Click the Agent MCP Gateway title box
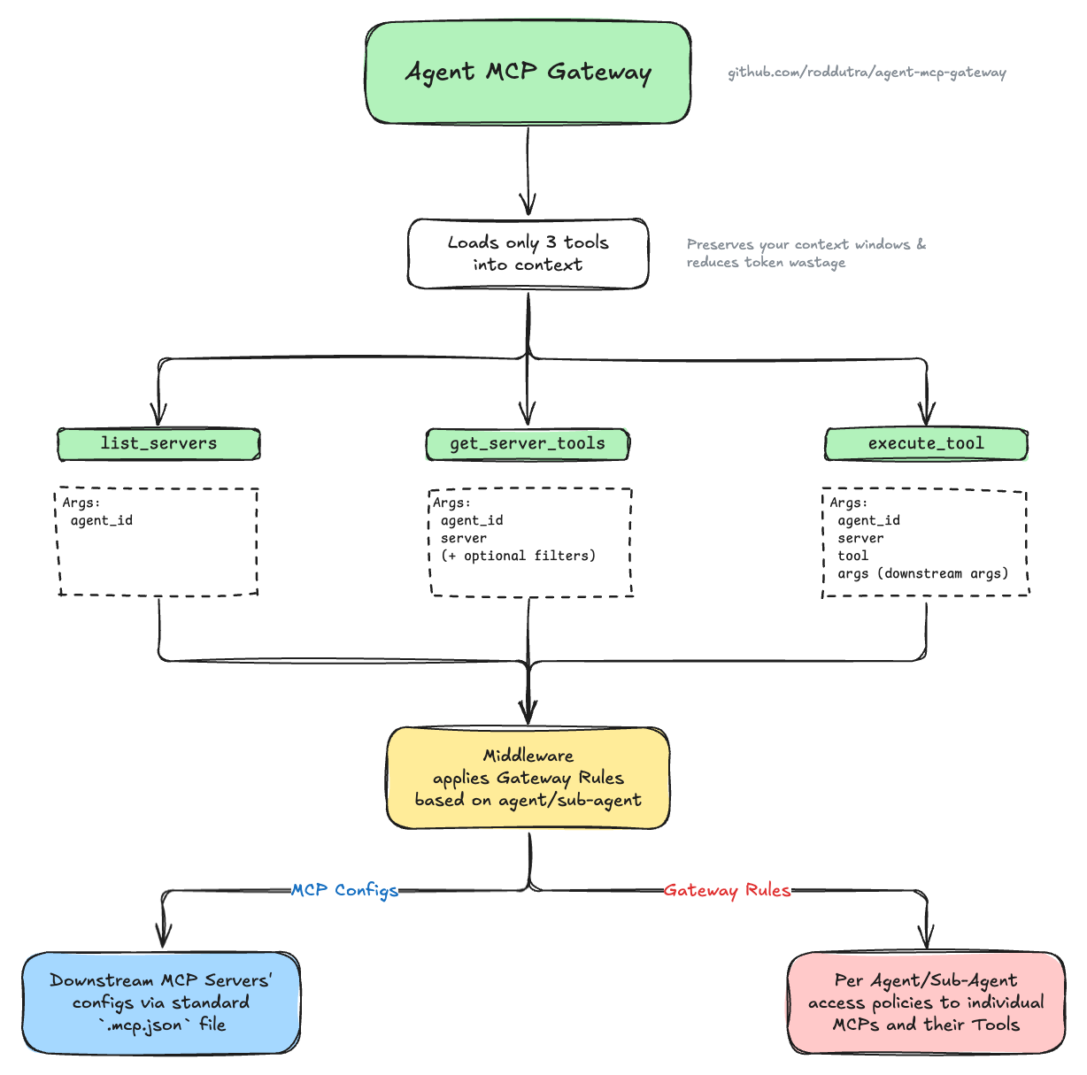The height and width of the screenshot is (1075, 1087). point(528,73)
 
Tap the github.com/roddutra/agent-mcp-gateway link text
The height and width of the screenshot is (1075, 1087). point(867,73)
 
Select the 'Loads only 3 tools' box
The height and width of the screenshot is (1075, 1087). point(528,254)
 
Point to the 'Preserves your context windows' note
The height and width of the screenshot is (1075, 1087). point(806,253)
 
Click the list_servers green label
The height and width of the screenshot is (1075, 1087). point(158,444)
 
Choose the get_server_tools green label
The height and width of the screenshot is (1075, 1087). point(528,444)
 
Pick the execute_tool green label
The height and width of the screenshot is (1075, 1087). point(926,444)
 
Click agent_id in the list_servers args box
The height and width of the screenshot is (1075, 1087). point(102,520)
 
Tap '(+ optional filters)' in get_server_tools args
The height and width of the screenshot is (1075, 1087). point(518,556)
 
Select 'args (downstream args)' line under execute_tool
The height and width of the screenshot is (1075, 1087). point(922,573)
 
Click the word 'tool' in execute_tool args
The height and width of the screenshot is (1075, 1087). point(852,556)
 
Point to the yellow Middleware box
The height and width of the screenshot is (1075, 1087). point(528,778)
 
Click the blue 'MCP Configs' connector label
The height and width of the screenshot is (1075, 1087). point(344,890)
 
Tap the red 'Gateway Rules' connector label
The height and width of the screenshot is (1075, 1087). point(727,890)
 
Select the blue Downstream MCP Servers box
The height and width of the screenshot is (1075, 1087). point(161,1002)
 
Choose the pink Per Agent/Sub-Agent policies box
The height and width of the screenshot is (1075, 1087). point(926,1002)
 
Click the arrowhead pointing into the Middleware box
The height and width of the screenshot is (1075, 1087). point(528,713)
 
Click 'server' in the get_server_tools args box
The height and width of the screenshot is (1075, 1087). point(464,538)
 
